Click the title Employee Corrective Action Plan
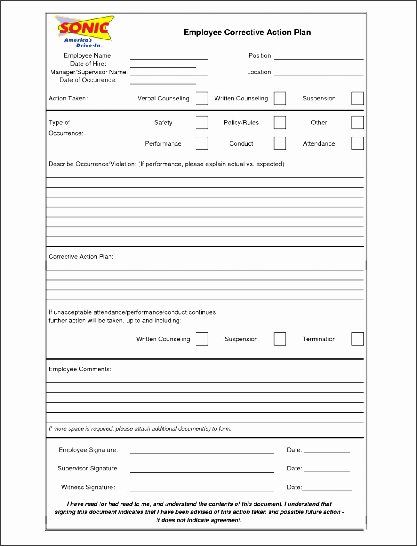click(x=247, y=32)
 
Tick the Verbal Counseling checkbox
click(x=202, y=98)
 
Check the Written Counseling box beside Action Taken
click(x=280, y=98)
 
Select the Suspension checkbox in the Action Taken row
click(x=357, y=98)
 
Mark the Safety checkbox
click(x=202, y=122)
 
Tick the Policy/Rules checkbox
click(x=280, y=122)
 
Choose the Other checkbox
click(x=357, y=122)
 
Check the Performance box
click(x=202, y=143)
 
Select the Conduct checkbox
click(x=280, y=143)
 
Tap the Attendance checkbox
click(x=357, y=143)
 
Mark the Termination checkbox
click(x=357, y=339)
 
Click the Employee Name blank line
click(x=169, y=58)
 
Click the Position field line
click(x=318, y=58)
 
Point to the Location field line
click(x=318, y=75)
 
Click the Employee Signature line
click(x=202, y=452)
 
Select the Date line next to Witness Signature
click(x=327, y=489)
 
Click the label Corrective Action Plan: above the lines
click(x=81, y=257)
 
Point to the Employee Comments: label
click(x=80, y=369)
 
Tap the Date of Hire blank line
click(x=163, y=66)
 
